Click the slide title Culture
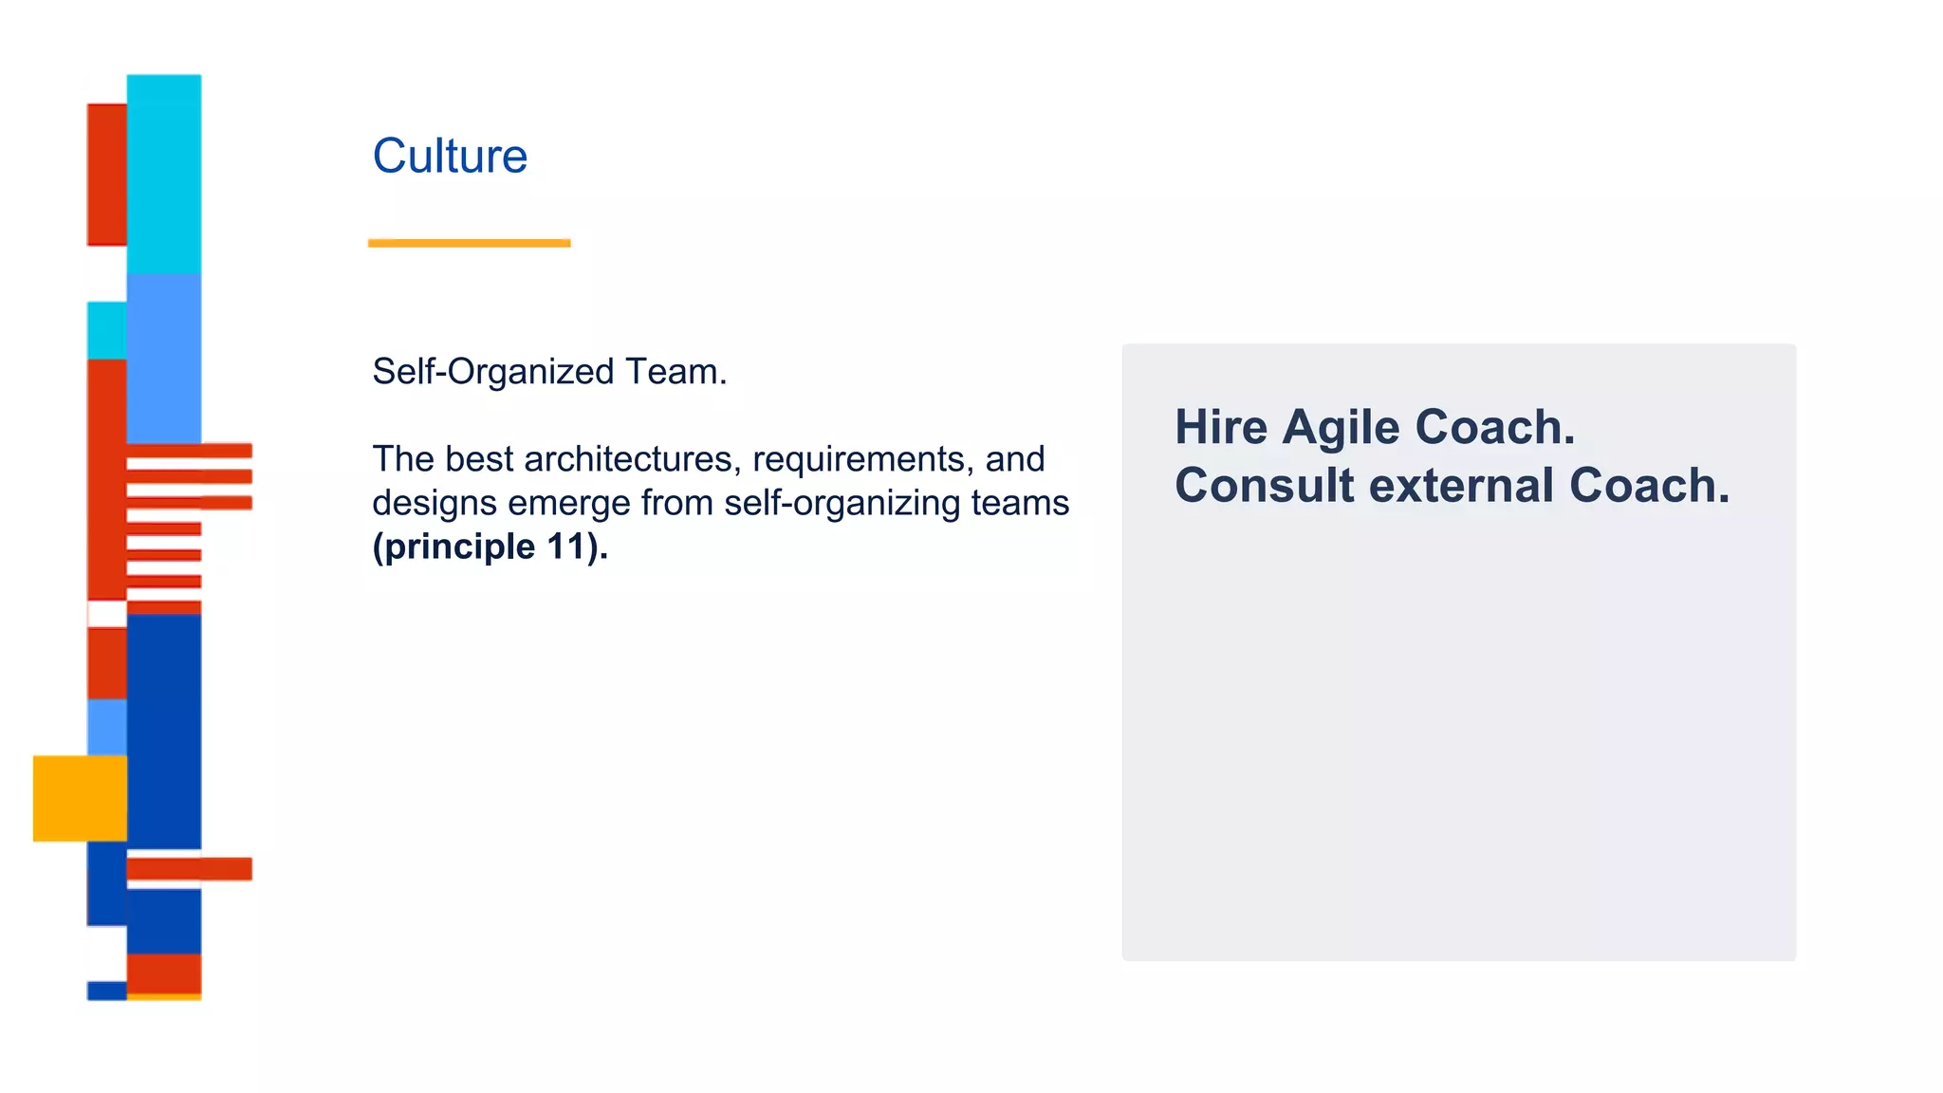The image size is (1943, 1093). [450, 157]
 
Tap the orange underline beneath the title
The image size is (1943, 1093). [469, 243]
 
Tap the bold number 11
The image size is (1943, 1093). [566, 546]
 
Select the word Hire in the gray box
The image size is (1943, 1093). [1221, 427]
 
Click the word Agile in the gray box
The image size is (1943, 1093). [1342, 427]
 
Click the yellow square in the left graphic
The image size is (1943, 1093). [80, 798]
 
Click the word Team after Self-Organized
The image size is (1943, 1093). [675, 372]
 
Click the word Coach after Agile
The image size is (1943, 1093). [1494, 427]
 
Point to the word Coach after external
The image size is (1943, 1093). [1649, 486]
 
